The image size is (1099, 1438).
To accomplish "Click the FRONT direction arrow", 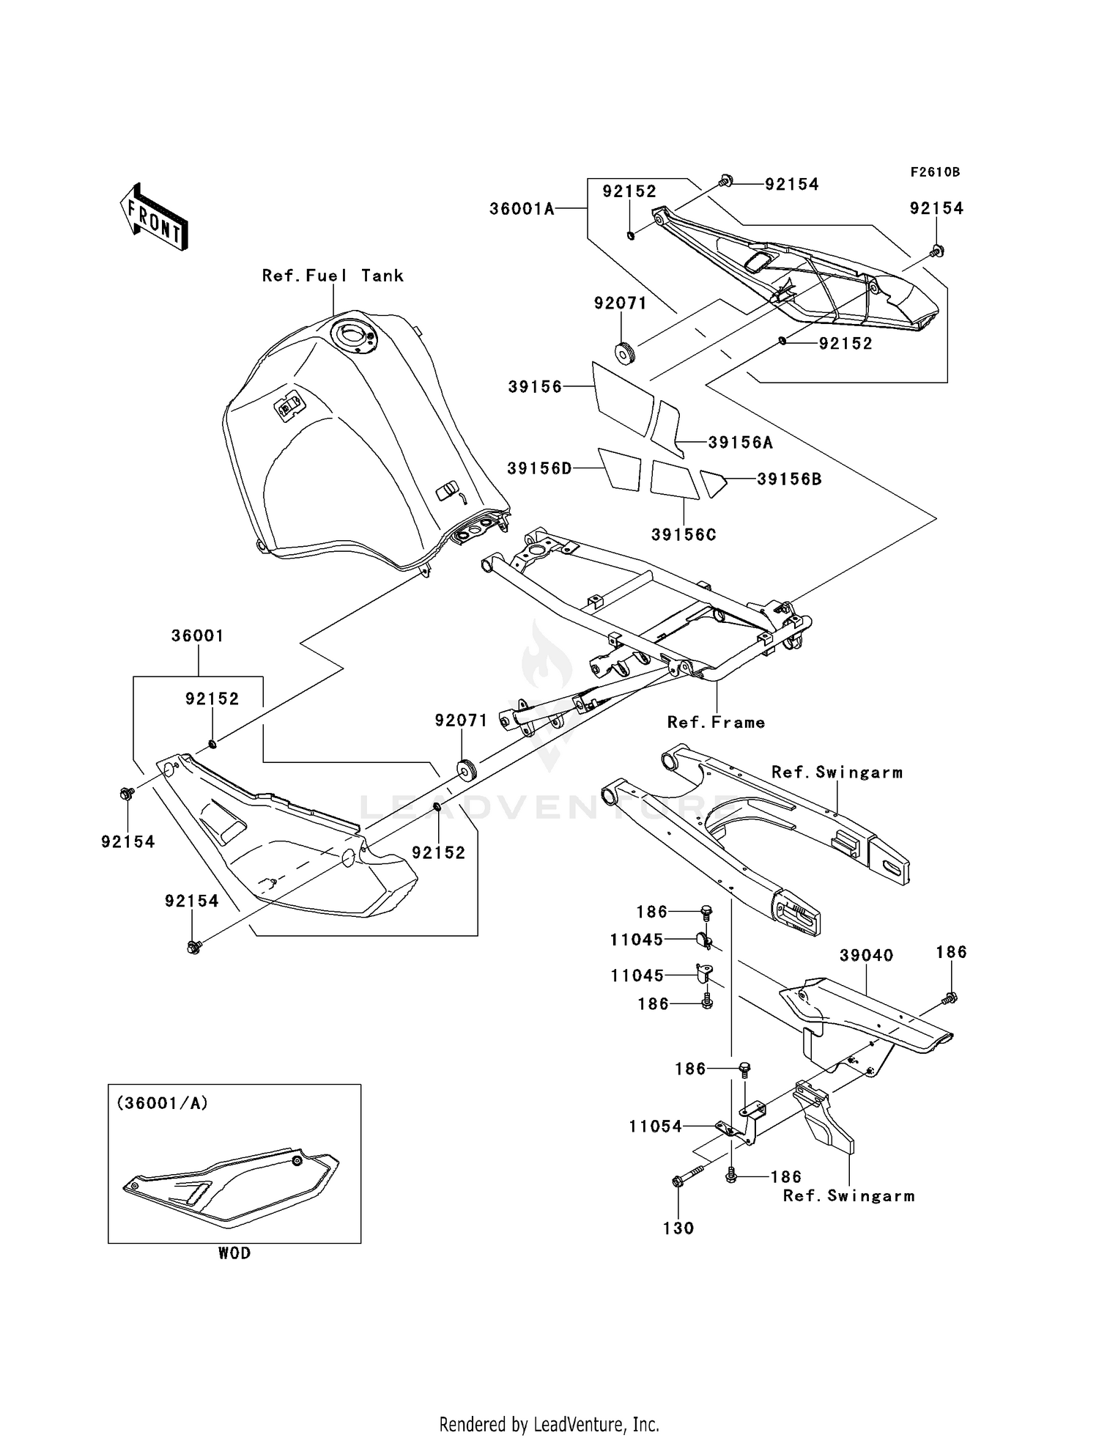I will [155, 217].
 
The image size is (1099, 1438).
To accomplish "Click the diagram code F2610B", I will [935, 172].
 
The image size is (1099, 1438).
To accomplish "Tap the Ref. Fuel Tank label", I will [333, 276].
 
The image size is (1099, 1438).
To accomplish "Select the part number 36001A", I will [522, 209].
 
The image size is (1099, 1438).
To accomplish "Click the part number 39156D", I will [539, 468].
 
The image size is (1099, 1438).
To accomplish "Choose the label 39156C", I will [684, 535].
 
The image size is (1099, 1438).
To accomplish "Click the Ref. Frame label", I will [716, 723].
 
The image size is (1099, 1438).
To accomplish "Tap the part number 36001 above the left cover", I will [197, 636].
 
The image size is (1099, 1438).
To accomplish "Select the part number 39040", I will [866, 956].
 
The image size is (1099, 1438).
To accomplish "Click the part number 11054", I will [655, 1127].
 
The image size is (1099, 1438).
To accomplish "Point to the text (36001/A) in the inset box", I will [162, 1103].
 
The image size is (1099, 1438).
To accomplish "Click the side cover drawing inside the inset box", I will [231, 1185].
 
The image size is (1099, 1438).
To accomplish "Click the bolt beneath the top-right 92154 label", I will [936, 251].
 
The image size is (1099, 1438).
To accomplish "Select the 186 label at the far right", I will [951, 952].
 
